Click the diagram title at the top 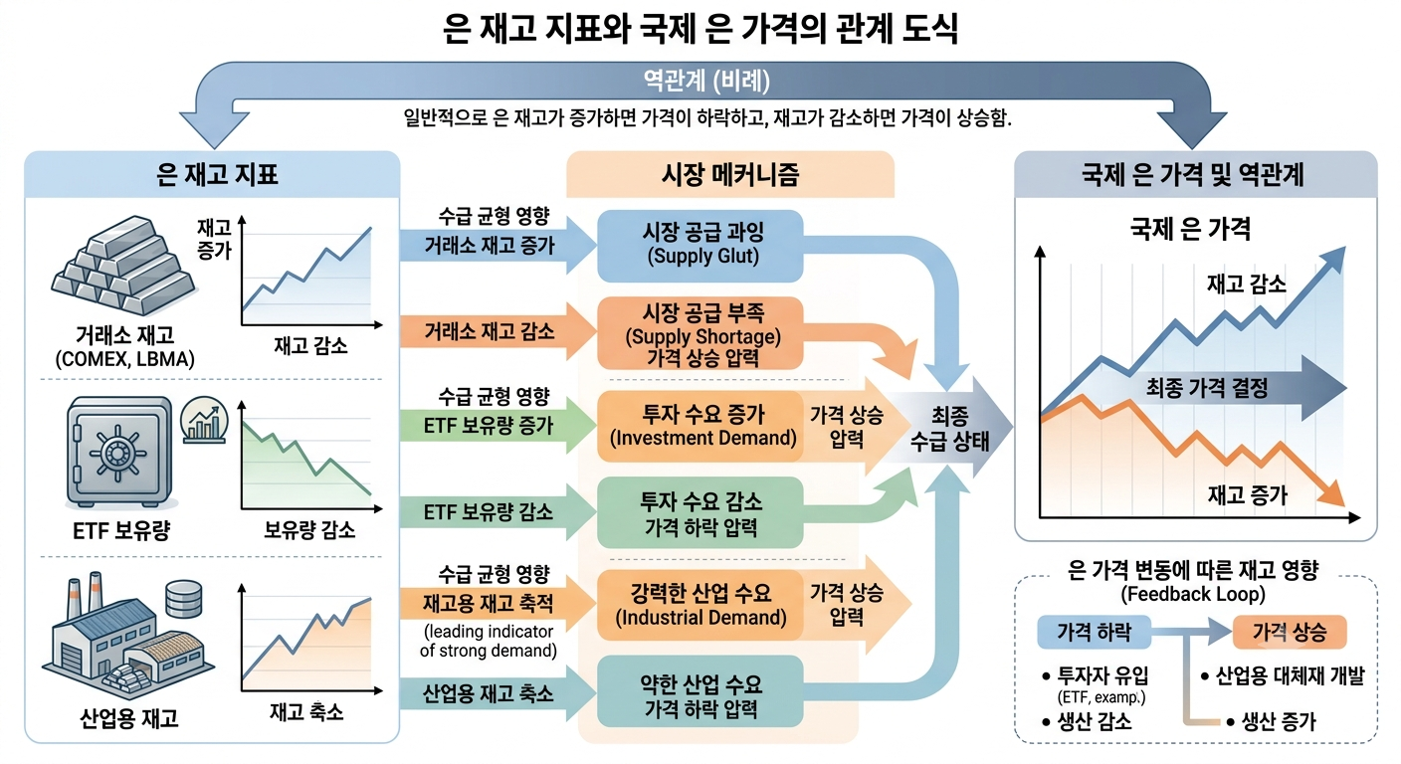700,28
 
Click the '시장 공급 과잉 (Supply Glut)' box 700,246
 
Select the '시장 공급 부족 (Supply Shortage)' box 700,333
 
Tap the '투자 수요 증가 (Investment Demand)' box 700,426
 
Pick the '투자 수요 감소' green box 700,512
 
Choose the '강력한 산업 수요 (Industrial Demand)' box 700,605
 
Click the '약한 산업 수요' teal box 700,691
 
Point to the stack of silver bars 123,266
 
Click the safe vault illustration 118,452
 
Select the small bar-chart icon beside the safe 204,420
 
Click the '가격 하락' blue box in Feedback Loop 1094,632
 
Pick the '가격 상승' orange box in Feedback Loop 1289,632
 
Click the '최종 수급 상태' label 949,429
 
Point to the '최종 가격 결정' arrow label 1207,388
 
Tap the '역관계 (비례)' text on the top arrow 706,81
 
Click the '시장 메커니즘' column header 730,174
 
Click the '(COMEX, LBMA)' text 125,359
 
